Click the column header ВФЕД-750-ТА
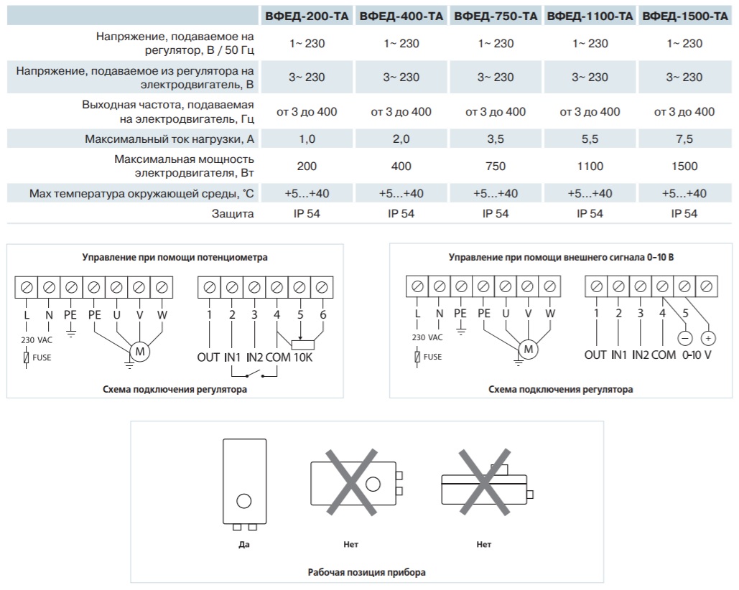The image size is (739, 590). coord(496,17)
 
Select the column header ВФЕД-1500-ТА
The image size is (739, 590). coord(685,17)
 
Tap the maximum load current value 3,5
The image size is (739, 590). coord(496,139)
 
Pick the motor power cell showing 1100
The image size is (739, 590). coord(590,167)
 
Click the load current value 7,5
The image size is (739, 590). coord(684,139)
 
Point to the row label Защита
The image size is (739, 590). coord(233,214)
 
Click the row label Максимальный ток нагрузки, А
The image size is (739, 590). coord(169,139)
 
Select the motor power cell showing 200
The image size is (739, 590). coord(307,167)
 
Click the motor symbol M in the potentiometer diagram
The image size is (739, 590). coord(140,352)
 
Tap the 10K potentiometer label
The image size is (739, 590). coord(303,357)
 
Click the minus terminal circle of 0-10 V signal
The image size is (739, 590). coord(685,338)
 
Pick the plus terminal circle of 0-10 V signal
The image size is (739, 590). coord(708,338)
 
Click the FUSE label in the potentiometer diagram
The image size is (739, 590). coord(42,358)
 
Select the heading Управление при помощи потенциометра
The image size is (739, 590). coord(175,258)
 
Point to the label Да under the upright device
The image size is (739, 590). coord(244,545)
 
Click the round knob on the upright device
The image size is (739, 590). coord(243,500)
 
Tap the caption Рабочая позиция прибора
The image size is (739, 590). coord(367,573)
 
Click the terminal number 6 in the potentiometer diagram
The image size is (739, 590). coord(323,314)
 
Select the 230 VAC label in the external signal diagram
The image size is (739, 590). coord(427,337)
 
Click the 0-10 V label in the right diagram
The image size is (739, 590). coord(697,355)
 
